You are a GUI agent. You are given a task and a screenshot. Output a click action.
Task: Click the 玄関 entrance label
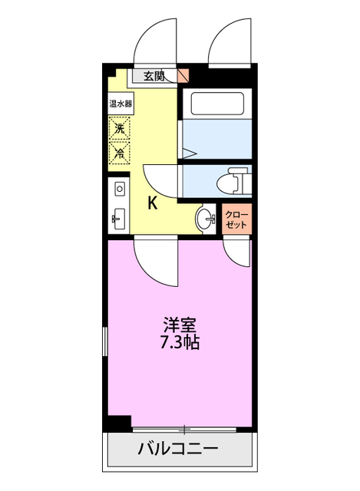click(154, 75)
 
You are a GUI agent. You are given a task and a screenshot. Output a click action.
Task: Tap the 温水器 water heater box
click(120, 103)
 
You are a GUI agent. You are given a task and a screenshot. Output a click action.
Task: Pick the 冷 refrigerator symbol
click(120, 153)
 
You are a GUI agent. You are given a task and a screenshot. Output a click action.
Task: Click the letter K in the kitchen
click(153, 203)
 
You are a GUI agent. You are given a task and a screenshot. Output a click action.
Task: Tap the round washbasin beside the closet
click(206, 219)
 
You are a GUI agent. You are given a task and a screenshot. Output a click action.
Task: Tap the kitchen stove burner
click(119, 187)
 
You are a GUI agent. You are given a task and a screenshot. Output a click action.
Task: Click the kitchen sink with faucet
click(119, 219)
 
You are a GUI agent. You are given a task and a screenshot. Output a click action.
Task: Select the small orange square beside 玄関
click(183, 75)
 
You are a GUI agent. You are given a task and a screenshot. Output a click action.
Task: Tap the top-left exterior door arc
click(157, 42)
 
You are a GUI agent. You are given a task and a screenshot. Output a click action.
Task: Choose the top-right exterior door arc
click(230, 42)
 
